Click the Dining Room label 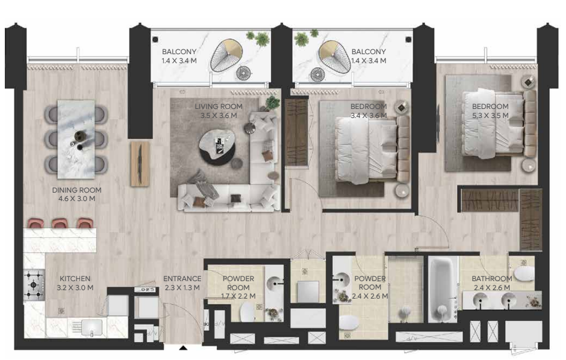[x=76, y=190]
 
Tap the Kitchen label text [x=75, y=279]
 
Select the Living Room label [x=219, y=107]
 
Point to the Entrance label [x=182, y=279]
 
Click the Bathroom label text [x=492, y=279]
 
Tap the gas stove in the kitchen [x=34, y=285]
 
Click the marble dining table [x=76, y=139]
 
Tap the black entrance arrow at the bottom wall [x=183, y=348]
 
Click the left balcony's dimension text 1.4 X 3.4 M [x=179, y=61]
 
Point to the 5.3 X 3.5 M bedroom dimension [x=490, y=116]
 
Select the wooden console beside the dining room [x=140, y=164]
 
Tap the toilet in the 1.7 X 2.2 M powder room [x=247, y=312]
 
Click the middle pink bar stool [x=60, y=223]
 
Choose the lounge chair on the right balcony [x=334, y=56]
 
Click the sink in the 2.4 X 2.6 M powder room [x=341, y=279]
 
